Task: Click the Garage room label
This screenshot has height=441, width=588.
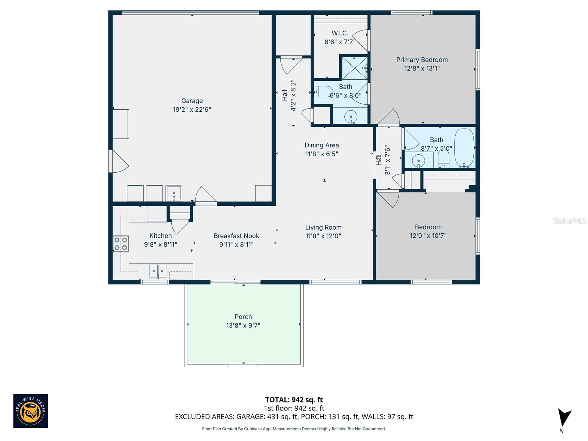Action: (x=192, y=101)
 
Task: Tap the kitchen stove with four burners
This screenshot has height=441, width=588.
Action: (x=121, y=244)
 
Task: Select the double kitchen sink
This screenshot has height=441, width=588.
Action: (x=158, y=271)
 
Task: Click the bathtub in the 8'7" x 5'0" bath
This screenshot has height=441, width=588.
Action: (x=464, y=147)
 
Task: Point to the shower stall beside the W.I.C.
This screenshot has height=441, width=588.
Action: (x=354, y=68)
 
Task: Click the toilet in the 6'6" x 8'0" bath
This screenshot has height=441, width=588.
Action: (x=323, y=91)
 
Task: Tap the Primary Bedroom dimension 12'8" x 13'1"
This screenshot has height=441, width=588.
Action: (x=422, y=68)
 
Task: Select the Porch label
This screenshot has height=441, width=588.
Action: (x=243, y=317)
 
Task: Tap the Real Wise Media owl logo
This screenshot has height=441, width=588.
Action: (x=31, y=411)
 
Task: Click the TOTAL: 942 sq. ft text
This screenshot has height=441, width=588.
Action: (x=294, y=399)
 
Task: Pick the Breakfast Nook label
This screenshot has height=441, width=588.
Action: (x=236, y=236)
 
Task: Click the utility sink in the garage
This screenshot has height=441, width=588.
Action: (x=174, y=193)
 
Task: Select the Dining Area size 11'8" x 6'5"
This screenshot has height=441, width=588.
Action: (x=322, y=154)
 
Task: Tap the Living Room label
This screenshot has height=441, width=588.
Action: (x=323, y=227)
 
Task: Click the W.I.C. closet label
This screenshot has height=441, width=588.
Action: (x=340, y=33)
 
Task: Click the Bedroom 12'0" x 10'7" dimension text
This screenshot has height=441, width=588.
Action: (x=428, y=236)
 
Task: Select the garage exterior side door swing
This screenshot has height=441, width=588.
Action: (x=119, y=161)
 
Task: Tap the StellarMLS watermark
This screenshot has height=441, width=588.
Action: (x=570, y=220)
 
